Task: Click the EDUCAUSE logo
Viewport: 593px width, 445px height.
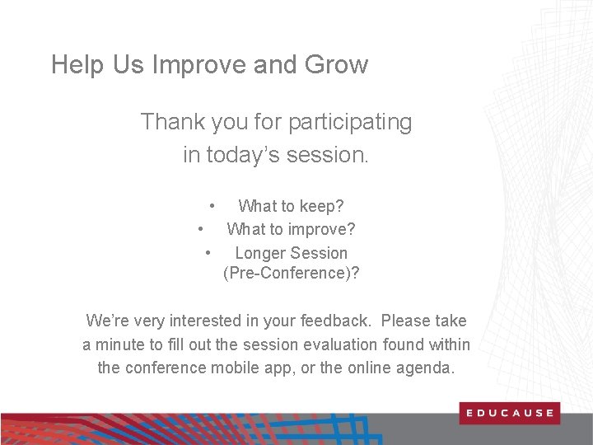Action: pyautogui.click(x=509, y=413)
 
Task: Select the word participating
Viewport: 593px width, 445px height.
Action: pyautogui.click(x=349, y=123)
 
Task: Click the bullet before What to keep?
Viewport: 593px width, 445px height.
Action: pyautogui.click(x=212, y=205)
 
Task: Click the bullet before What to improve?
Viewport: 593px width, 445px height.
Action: pyautogui.click(x=201, y=229)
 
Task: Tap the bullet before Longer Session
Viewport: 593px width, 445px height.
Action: pyautogui.click(x=209, y=253)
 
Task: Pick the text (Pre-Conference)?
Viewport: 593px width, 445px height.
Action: pyautogui.click(x=291, y=274)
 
